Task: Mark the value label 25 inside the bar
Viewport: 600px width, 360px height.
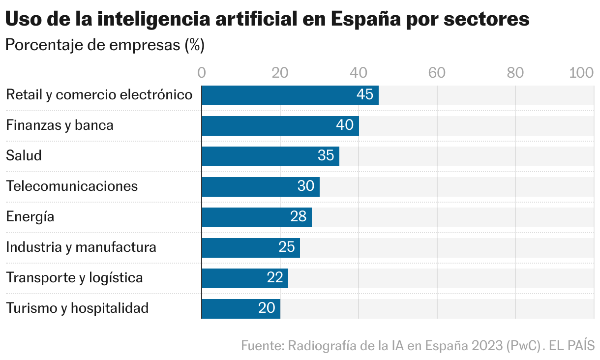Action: pos(287,248)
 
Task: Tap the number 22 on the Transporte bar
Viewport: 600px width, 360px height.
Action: pos(275,278)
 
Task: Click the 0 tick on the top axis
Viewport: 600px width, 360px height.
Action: pos(202,73)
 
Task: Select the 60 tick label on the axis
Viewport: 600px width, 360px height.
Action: pos(437,73)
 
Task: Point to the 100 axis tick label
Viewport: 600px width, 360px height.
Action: pos(581,73)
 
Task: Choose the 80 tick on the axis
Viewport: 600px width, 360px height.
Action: pos(515,73)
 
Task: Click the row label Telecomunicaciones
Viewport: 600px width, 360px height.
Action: pos(72,186)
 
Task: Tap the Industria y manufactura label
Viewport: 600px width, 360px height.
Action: pos(81,247)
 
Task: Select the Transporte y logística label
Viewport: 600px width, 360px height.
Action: pos(74,278)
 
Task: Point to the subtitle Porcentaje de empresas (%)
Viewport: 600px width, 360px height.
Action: pos(104,46)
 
